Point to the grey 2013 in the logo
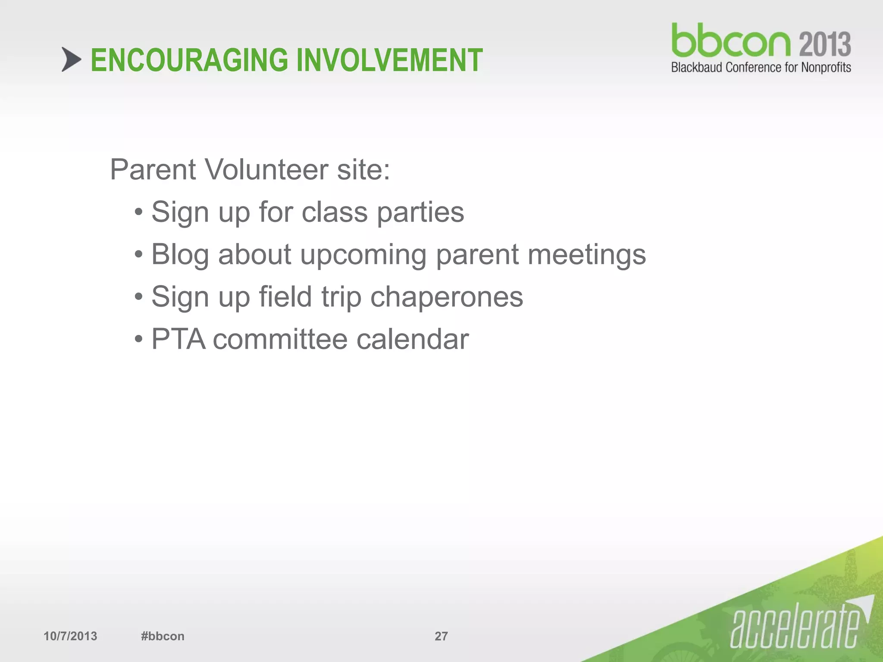tap(825, 44)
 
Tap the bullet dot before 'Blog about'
tap(138, 255)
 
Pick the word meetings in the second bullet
tap(587, 255)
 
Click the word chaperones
tap(446, 297)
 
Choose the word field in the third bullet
tap(285, 297)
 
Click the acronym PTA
tap(178, 339)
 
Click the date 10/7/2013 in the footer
tap(70, 636)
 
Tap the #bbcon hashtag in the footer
tap(163, 636)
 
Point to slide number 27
tap(441, 636)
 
